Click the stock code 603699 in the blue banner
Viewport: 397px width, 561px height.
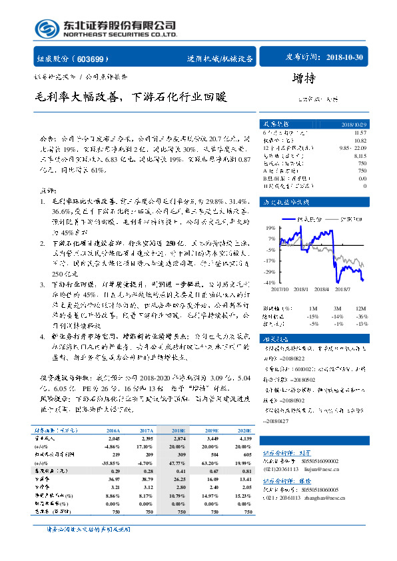click(x=93, y=59)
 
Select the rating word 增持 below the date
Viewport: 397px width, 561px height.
click(x=303, y=79)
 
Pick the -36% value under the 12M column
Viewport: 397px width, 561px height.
click(x=360, y=316)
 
